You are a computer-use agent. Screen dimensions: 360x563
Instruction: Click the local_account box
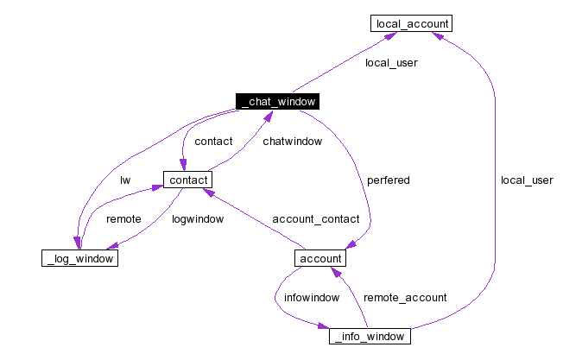tap(410, 23)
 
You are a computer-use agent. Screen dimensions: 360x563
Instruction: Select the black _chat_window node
tap(277, 102)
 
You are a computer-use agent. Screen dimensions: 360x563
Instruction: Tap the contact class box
tap(187, 180)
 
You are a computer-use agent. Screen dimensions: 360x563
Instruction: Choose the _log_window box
tap(79, 258)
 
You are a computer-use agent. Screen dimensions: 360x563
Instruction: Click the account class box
tap(320, 258)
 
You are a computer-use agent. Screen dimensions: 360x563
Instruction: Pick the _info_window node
tap(369, 336)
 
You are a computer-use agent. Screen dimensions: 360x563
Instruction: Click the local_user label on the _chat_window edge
tap(391, 63)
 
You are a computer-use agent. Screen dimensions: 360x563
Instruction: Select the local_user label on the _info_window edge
tap(526, 180)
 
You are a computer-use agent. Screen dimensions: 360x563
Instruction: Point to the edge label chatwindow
tap(292, 141)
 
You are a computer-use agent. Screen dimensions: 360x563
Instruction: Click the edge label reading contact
tap(213, 141)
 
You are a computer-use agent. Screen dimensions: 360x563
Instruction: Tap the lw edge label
tap(125, 180)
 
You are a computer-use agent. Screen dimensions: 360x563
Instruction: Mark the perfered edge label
tap(388, 180)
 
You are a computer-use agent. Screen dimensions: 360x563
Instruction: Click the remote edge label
tap(123, 219)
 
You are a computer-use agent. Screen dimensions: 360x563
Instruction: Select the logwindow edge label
tap(198, 219)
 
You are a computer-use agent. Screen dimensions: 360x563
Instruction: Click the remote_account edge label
tap(405, 297)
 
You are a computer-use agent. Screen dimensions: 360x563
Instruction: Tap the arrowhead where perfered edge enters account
tap(370, 246)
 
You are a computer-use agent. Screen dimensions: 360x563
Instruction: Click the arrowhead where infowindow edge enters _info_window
tap(325, 329)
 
